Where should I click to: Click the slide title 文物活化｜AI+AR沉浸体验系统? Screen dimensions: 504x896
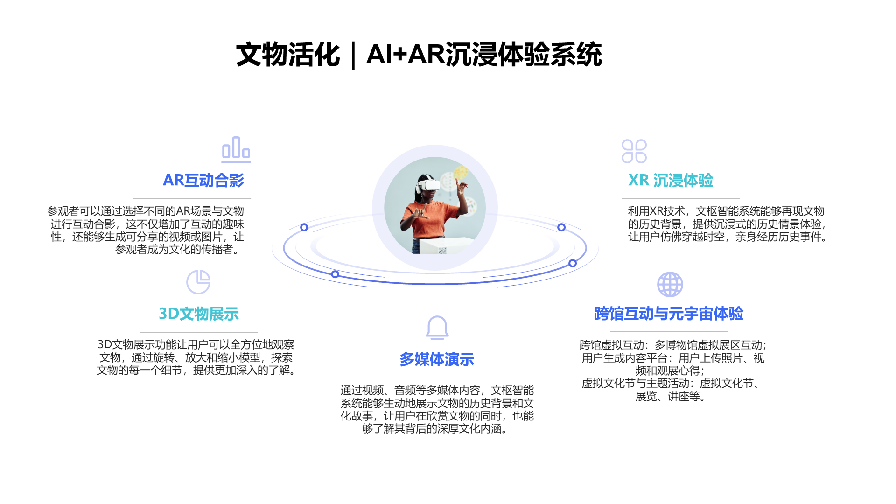[x=419, y=55]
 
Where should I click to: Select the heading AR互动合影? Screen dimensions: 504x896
[x=203, y=180]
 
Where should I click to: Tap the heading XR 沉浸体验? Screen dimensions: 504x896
[x=671, y=180]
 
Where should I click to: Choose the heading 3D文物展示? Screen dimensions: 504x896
[x=199, y=314]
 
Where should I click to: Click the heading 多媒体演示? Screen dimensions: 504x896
[x=437, y=359]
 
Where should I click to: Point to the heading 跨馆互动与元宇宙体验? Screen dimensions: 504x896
[x=668, y=314]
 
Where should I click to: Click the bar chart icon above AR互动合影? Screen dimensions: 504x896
[x=236, y=149]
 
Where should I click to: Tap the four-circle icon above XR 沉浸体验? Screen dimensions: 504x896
[x=634, y=151]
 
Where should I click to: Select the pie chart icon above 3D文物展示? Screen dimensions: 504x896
[x=198, y=282]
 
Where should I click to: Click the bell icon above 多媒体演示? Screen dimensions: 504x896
[x=437, y=328]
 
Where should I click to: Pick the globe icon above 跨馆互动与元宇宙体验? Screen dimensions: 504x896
[x=670, y=284]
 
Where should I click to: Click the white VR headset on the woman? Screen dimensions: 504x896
[x=429, y=184]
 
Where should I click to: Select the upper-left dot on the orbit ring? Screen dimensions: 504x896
[x=304, y=227]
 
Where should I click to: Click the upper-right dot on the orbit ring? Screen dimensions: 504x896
[x=561, y=227]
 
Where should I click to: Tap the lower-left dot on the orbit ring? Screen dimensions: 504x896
[x=335, y=274]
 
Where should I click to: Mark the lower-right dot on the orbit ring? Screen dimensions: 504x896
[x=573, y=263]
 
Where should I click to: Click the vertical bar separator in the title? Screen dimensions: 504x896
[x=353, y=55]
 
